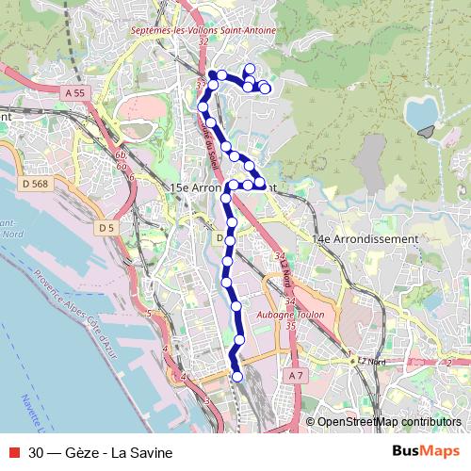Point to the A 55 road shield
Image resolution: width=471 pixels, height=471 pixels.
click(75, 93)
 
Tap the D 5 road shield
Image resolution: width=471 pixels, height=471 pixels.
click(106, 228)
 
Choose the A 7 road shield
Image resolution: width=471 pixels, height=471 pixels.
click(297, 375)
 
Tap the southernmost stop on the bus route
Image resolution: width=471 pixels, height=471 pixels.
click(236, 377)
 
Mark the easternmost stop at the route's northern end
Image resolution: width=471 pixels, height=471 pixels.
click(265, 89)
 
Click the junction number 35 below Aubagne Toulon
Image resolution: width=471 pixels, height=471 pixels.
click(290, 326)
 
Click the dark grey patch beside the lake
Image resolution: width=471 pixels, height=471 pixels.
click(430, 132)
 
